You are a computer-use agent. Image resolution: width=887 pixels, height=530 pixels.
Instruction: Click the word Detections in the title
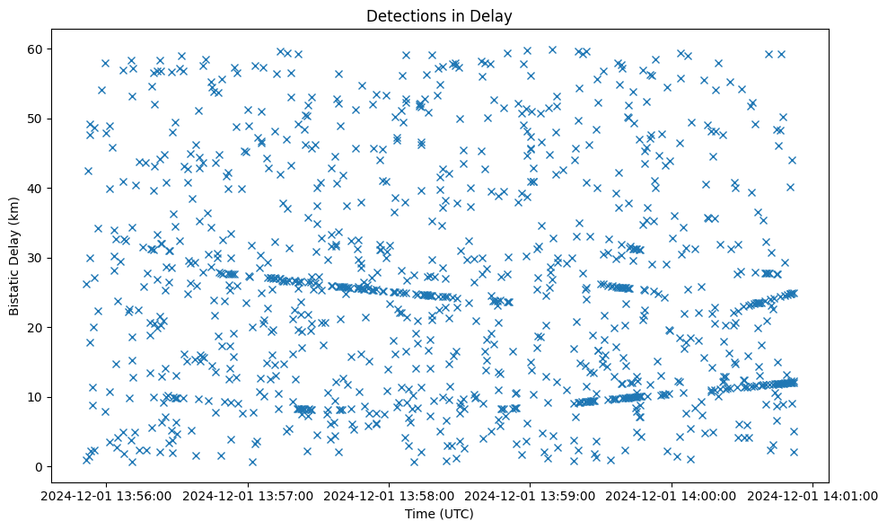(404, 15)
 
